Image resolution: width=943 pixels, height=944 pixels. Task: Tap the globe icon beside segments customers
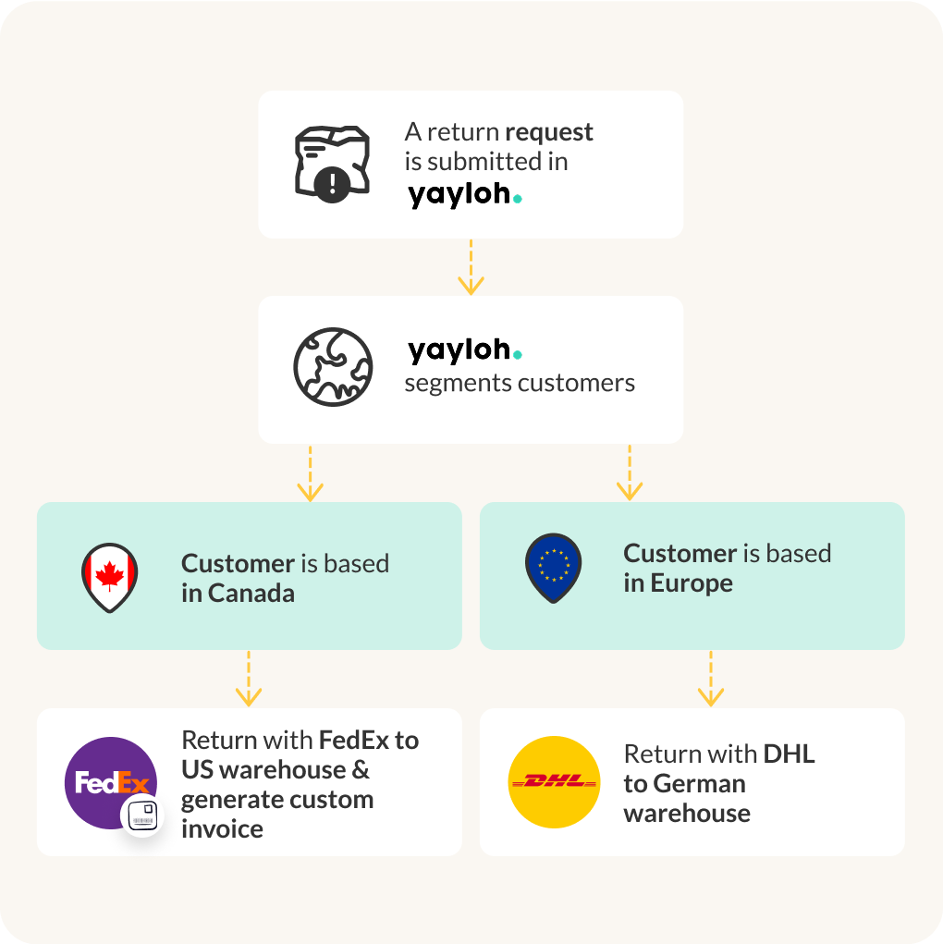tap(333, 365)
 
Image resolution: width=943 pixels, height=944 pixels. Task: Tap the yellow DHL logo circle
tap(554, 782)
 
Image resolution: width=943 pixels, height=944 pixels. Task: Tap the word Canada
tap(251, 594)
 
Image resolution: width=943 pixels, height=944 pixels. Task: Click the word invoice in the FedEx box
tap(222, 828)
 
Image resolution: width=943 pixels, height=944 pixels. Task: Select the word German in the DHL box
tap(699, 784)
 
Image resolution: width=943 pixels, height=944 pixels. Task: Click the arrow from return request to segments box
tap(471, 267)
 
